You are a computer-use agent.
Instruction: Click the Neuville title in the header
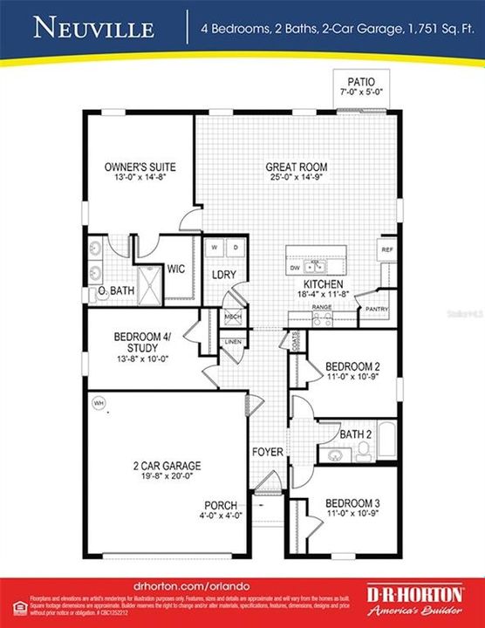tap(94, 29)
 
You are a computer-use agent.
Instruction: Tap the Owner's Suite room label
tap(129, 165)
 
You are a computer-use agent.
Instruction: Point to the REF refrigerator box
tap(386, 249)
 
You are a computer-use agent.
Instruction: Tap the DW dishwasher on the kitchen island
tap(296, 268)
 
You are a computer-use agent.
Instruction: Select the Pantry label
tap(376, 309)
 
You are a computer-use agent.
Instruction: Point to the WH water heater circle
tap(99, 403)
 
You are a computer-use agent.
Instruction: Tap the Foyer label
tap(267, 452)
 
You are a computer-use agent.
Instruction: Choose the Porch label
tap(221, 505)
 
